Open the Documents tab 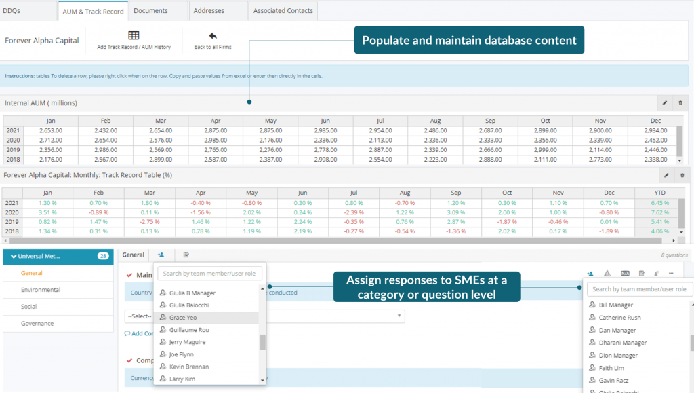[150, 10]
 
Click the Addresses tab [209, 10]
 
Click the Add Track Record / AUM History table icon [134, 35]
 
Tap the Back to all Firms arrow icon [213, 35]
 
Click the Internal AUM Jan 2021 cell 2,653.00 [51, 130]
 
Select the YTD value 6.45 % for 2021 [659, 203]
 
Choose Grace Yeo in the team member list [184, 317]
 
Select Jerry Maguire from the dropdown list [187, 342]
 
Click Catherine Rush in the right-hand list [619, 318]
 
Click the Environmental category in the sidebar [41, 290]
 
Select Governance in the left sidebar [37, 324]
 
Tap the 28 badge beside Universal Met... [103, 256]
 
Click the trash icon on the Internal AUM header [680, 103]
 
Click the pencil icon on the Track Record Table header [666, 175]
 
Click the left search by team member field [209, 274]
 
